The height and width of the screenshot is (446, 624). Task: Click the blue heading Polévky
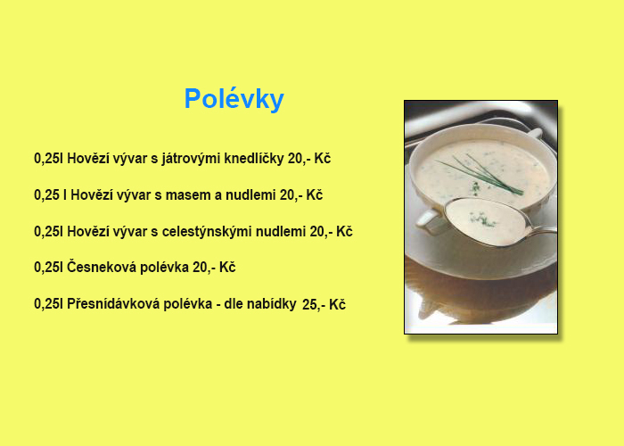coord(234,99)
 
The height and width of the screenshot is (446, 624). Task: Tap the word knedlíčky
coord(254,159)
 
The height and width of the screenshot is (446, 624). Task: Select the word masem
coord(188,195)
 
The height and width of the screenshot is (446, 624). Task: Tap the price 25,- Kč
coord(324,305)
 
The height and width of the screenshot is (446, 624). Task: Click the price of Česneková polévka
coord(214,268)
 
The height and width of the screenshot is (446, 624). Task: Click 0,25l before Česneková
coord(48,268)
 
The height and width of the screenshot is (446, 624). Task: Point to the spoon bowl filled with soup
coord(487,221)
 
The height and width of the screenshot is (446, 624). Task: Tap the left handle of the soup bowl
coord(428,219)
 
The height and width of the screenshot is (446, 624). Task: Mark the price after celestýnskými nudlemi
coord(331,231)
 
